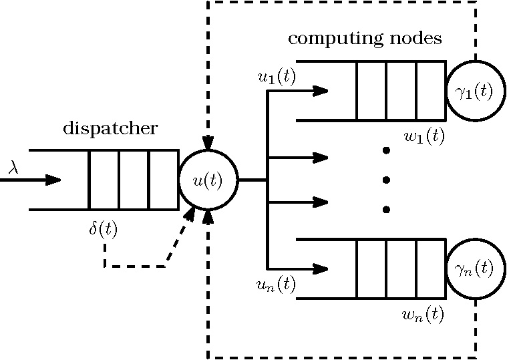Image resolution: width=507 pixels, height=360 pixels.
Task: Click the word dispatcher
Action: click(x=110, y=129)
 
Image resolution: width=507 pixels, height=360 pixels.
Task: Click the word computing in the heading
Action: click(x=334, y=39)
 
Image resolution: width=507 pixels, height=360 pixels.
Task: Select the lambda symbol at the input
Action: click(x=13, y=168)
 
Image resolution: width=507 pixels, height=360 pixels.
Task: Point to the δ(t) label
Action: click(x=103, y=229)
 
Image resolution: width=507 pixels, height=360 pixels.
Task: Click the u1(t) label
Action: click(x=277, y=77)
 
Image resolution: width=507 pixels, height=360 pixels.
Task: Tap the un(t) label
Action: click(x=276, y=285)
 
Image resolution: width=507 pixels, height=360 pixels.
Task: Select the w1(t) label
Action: click(x=425, y=136)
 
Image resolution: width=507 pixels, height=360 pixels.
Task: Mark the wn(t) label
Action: click(x=424, y=314)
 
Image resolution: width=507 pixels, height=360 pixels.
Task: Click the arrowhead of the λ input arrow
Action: click(x=53, y=180)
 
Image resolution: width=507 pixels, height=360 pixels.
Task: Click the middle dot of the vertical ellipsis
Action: click(x=386, y=180)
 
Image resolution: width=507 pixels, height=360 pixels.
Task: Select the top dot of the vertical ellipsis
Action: click(x=386, y=150)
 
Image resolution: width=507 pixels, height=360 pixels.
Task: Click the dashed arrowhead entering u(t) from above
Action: click(x=208, y=143)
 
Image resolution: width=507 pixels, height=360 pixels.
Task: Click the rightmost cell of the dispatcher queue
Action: click(x=164, y=180)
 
